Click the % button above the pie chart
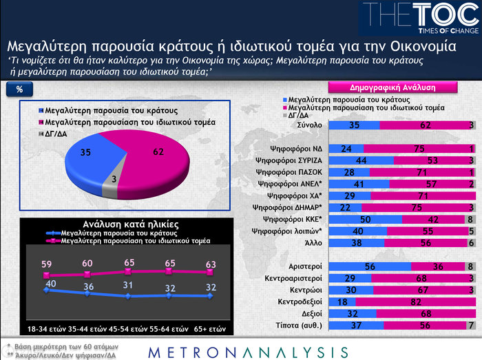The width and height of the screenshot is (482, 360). pyautogui.click(x=20, y=89)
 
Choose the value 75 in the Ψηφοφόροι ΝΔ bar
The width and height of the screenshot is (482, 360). pyautogui.click(x=417, y=149)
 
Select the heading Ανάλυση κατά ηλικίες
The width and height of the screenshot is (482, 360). pyautogui.click(x=121, y=224)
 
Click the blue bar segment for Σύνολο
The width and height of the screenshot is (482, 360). pyautogui.click(x=354, y=125)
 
